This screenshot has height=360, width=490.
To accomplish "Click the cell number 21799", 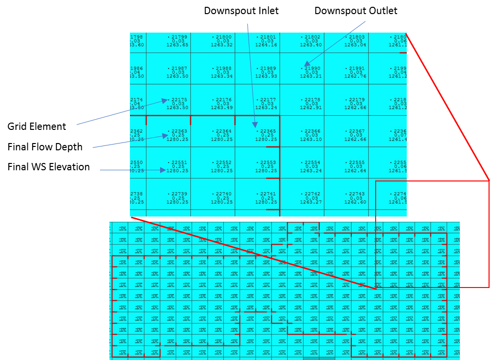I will pos(179,37).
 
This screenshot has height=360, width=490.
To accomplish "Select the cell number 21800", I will pos(223,37).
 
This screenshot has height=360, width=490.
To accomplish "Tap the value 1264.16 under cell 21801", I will pos(266,45).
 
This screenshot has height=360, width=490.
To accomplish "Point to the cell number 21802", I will pos(312,37).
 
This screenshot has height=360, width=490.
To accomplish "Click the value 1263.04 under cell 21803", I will pos(355,45).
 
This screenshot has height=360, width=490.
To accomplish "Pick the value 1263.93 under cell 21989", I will pos(266,76).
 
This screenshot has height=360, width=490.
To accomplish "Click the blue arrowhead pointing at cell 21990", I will pos(307,63).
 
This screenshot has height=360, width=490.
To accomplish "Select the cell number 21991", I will pos(357,69).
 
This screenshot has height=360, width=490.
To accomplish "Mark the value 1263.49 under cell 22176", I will pos(222,108).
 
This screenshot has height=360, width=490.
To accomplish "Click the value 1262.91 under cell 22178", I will pos(311,108).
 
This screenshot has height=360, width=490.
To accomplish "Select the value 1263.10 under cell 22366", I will pos(311,140).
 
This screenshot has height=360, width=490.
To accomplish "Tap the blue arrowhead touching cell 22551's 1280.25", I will pos(163,170).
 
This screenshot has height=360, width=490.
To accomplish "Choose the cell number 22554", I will pos(312,162).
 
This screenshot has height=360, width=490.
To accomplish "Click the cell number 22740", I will pos(223,194).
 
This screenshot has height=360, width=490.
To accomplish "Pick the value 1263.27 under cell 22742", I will pos(311,202).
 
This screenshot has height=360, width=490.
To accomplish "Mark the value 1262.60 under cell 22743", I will pos(355,202).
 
